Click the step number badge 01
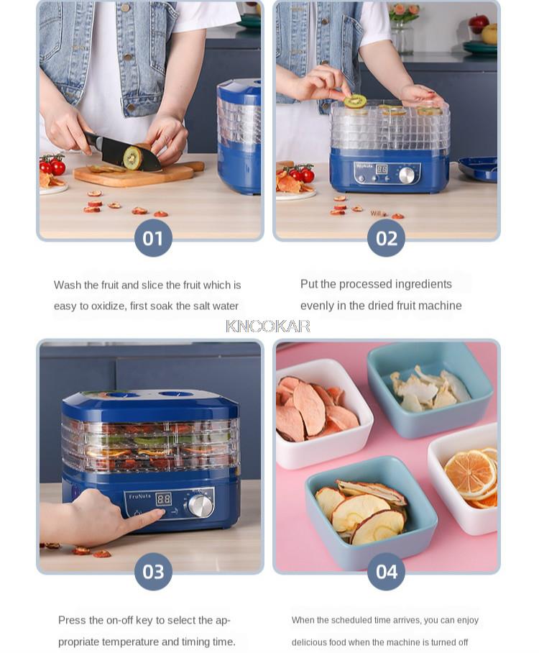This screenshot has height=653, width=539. [x=153, y=238]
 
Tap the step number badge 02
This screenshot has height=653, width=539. [x=386, y=238]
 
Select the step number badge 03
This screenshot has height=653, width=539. [x=153, y=572]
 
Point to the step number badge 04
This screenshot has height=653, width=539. [x=386, y=572]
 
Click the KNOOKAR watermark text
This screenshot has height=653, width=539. [x=268, y=326]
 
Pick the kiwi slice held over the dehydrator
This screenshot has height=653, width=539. [x=355, y=101]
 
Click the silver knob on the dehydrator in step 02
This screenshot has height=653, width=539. [x=407, y=175]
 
